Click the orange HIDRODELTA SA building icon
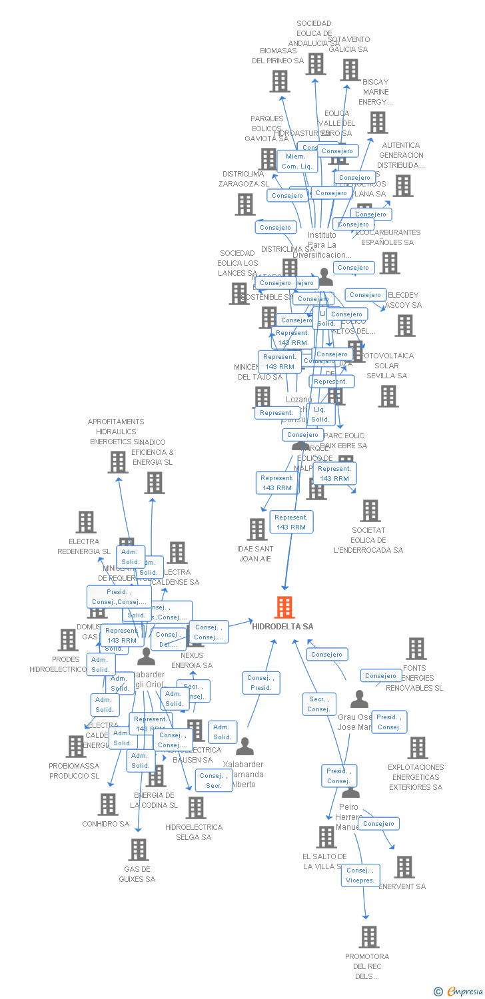tap(284, 607)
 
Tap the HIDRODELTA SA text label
tap(282, 627)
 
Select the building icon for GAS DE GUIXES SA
tap(139, 850)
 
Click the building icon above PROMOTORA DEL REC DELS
tap(368, 937)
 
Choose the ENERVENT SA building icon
tap(404, 867)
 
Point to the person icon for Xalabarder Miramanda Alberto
tap(245, 747)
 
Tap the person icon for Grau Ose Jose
tap(359, 699)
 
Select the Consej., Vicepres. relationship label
tap(360, 875)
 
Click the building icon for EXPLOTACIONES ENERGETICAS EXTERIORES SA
tap(417, 748)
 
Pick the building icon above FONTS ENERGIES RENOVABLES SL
tap(416, 649)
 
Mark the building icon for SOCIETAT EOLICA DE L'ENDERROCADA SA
tap(370, 511)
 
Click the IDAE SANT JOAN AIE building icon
tap(256, 529)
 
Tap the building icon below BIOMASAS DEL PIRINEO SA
tap(279, 81)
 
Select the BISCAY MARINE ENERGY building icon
tap(378, 123)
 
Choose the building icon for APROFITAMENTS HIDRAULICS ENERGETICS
tap(117, 462)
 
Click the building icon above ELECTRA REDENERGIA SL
tap(86, 522)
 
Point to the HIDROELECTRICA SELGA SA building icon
tap(195, 808)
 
